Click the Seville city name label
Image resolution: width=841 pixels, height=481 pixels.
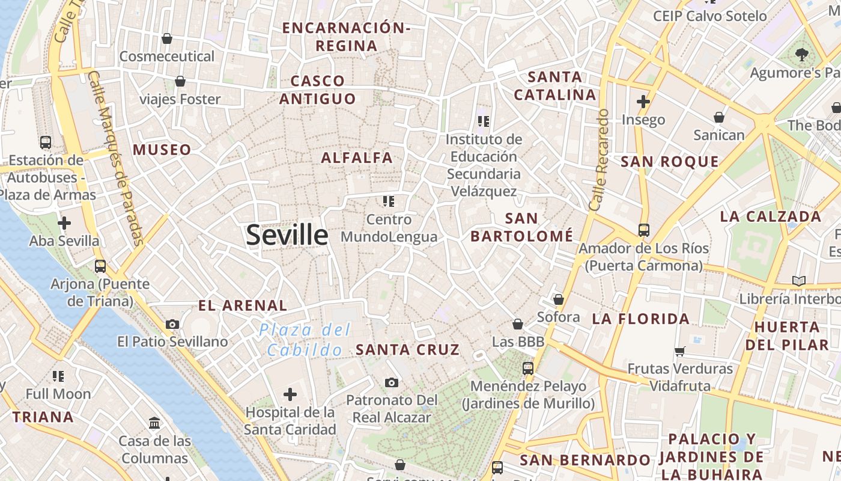tap(287, 234)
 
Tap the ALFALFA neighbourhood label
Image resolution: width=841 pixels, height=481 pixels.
tap(357, 158)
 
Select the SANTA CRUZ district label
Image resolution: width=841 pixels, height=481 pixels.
tap(408, 349)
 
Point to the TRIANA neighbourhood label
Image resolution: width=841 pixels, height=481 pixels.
tap(43, 417)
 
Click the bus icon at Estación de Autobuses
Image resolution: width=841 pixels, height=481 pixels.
tap(46, 142)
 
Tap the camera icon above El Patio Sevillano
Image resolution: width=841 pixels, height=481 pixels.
tap(172, 324)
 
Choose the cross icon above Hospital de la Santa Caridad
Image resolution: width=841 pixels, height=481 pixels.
tap(290, 394)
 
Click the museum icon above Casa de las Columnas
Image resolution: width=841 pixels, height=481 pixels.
tap(154, 423)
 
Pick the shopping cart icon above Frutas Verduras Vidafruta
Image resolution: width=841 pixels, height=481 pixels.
tap(680, 351)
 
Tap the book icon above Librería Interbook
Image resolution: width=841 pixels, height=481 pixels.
tap(798, 281)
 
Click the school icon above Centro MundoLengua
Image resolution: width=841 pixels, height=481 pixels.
tap(389, 201)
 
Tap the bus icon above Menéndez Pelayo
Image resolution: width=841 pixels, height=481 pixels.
tap(528, 368)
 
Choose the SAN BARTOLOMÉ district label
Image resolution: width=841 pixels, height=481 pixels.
tap(521, 227)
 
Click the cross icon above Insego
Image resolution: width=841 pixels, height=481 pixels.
tap(643, 101)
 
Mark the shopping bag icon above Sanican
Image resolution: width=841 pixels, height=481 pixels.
tap(719, 117)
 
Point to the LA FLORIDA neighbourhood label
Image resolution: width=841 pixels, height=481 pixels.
tap(641, 319)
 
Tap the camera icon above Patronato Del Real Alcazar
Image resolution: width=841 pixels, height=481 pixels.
tap(392, 382)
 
